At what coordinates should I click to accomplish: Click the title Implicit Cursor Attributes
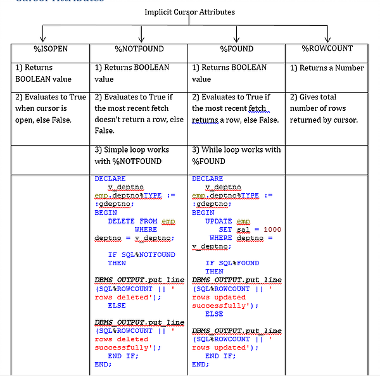(x=189, y=12)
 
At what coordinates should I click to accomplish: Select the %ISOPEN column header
(x=50, y=49)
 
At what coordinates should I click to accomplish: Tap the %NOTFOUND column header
(x=139, y=49)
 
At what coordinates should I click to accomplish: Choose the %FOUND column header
(x=236, y=49)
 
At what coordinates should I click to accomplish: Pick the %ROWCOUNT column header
(x=327, y=49)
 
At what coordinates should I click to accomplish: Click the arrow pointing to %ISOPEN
(x=43, y=34)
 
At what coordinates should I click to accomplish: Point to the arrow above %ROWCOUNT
(x=327, y=34)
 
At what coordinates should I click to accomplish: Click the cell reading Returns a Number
(x=327, y=68)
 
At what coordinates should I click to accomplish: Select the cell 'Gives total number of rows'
(x=324, y=108)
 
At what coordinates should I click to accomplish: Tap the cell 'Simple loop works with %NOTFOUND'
(x=132, y=155)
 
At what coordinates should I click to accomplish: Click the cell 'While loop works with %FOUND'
(x=236, y=155)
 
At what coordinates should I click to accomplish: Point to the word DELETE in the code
(x=122, y=221)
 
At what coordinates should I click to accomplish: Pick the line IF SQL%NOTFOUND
(x=141, y=254)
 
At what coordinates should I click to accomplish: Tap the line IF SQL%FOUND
(x=232, y=263)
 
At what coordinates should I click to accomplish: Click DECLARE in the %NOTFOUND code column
(x=110, y=179)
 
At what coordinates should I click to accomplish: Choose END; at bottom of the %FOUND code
(x=200, y=364)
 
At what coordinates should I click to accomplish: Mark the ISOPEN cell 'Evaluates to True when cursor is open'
(x=50, y=108)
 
